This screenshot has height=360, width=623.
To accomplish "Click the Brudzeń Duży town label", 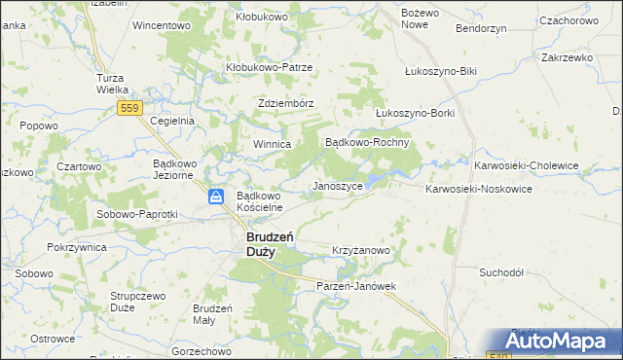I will click(x=260, y=243).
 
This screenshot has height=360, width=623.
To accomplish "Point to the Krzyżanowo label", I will click(x=361, y=250).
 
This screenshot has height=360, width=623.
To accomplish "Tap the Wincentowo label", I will click(x=161, y=25).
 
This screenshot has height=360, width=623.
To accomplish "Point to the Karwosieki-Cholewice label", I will click(x=526, y=165).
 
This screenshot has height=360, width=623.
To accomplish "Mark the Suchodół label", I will click(x=502, y=272).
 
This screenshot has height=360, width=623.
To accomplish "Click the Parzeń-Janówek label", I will click(x=357, y=286).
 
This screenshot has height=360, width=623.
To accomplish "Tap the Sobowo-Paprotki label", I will click(x=136, y=214).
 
